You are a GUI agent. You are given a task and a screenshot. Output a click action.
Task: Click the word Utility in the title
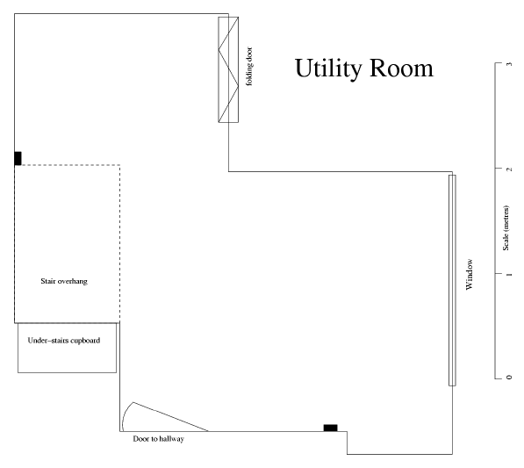(x=328, y=69)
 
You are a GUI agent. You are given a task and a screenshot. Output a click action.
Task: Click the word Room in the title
(x=402, y=68)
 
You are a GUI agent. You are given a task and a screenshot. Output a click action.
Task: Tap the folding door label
(x=249, y=67)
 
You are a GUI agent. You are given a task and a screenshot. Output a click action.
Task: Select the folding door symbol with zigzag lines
(x=228, y=69)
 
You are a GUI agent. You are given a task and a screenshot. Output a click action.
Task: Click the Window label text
(x=470, y=275)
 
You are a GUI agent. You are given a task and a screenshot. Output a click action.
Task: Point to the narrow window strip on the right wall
(x=452, y=280)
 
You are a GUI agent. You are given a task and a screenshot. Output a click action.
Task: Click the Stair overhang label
(x=64, y=281)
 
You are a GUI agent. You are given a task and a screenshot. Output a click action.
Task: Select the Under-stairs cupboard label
(x=64, y=341)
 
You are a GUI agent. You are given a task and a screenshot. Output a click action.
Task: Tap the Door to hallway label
(x=158, y=439)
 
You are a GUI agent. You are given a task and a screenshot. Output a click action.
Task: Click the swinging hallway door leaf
(x=170, y=416)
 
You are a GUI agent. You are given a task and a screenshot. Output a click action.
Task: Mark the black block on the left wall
(x=18, y=158)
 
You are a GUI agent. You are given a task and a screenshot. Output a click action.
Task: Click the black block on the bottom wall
(x=331, y=428)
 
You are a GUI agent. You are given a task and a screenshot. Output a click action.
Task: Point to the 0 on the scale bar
(x=509, y=378)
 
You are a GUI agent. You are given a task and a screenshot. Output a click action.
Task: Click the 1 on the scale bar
(x=509, y=275)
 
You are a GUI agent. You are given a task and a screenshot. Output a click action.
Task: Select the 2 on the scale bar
(x=509, y=169)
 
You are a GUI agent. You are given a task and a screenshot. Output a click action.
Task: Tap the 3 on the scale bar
(x=509, y=64)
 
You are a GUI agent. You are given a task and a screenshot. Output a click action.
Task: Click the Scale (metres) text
(x=506, y=228)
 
